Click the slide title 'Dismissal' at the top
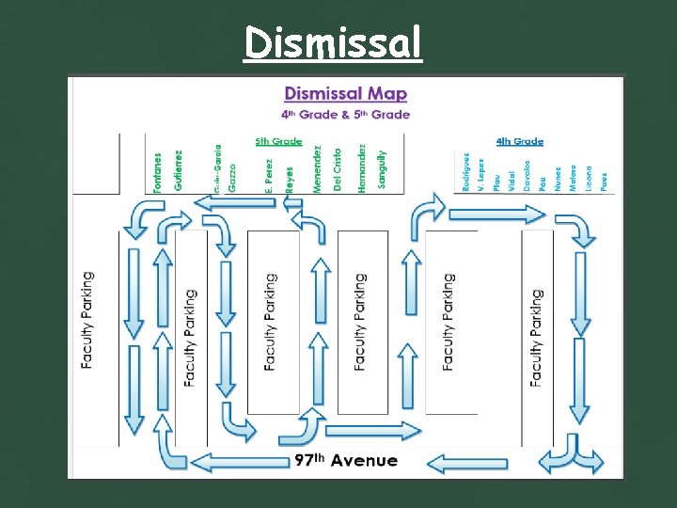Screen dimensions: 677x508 tap(334, 42)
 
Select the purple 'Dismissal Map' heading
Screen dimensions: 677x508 tap(345, 93)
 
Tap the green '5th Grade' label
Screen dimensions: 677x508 tap(279, 141)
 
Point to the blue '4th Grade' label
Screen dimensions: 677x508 tap(520, 141)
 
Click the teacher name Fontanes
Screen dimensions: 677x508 tap(157, 172)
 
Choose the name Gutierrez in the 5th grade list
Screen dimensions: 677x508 tap(178, 170)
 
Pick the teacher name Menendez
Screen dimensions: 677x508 tap(318, 168)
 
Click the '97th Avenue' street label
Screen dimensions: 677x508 tap(346, 461)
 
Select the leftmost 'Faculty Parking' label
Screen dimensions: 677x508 tap(88, 320)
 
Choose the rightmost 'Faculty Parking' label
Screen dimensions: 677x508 tap(537, 337)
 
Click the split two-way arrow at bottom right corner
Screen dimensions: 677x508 tap(571, 459)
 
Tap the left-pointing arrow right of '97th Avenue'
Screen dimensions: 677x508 tap(467, 462)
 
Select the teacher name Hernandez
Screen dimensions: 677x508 tap(362, 168)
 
